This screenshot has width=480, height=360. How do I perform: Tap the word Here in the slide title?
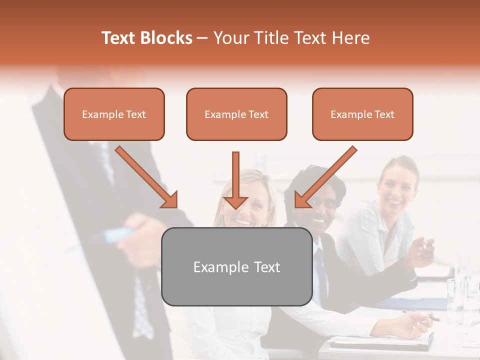350,38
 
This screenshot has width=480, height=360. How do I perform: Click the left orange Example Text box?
114,114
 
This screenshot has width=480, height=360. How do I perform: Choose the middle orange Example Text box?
236,114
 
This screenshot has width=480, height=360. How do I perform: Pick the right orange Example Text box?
362,114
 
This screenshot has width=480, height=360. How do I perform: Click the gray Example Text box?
237,267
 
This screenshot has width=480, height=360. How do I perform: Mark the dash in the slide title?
202,38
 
